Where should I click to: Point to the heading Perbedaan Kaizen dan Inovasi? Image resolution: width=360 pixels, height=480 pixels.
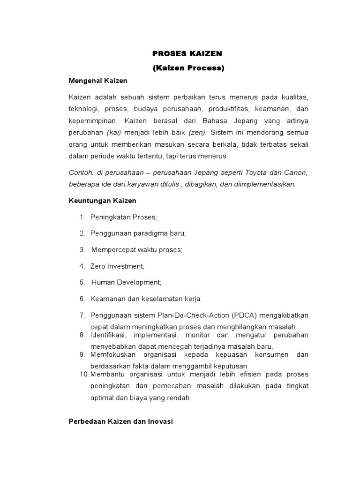coord(120,421)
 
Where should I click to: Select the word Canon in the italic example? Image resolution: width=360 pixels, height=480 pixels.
coord(294,172)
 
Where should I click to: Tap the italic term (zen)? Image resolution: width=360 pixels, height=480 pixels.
coord(197,133)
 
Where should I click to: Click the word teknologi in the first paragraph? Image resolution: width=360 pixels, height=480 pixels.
coord(82,108)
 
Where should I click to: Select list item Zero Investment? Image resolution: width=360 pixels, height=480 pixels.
coord(118,266)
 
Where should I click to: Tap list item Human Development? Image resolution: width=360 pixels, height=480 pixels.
coord(126,282)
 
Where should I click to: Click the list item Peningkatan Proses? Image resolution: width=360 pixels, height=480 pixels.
coord(124,217)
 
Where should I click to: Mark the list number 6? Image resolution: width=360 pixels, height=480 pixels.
coord(82,299)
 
